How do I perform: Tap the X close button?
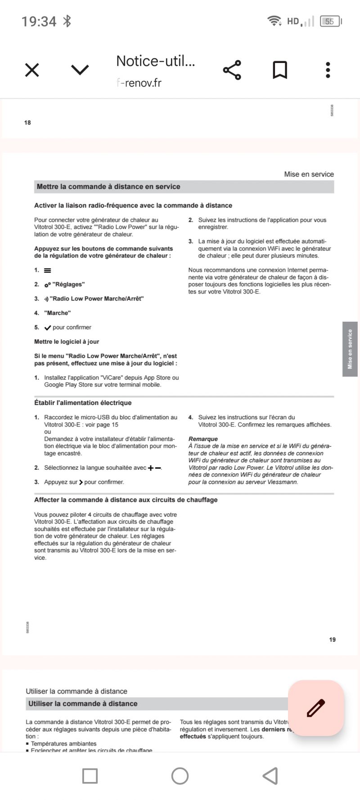pyautogui.click(x=32, y=70)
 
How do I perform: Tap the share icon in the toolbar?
pyautogui.click(x=232, y=70)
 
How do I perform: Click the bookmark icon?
pyautogui.click(x=280, y=70)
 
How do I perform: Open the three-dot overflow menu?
pyautogui.click(x=328, y=70)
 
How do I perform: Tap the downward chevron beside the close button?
pyautogui.click(x=80, y=70)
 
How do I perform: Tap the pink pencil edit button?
pyautogui.click(x=316, y=708)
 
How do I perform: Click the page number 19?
pyautogui.click(x=332, y=639)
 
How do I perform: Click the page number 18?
pyautogui.click(x=27, y=122)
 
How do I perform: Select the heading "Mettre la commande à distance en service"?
pyautogui.click(x=108, y=187)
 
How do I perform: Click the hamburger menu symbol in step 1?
pyautogui.click(x=48, y=270)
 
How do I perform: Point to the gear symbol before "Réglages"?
pyautogui.click(x=47, y=285)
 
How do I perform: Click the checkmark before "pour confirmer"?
pyautogui.click(x=48, y=328)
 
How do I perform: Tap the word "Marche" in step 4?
pyautogui.click(x=58, y=313)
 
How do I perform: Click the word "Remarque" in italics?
pyautogui.click(x=203, y=439)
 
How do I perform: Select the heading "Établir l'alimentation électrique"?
pyautogui.click(x=83, y=403)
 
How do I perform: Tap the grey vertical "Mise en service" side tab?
pyautogui.click(x=350, y=349)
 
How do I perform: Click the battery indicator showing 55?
pyautogui.click(x=330, y=21)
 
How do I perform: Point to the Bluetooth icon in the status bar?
pyautogui.click(x=67, y=21)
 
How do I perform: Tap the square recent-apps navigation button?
pyautogui.click(x=90, y=776)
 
